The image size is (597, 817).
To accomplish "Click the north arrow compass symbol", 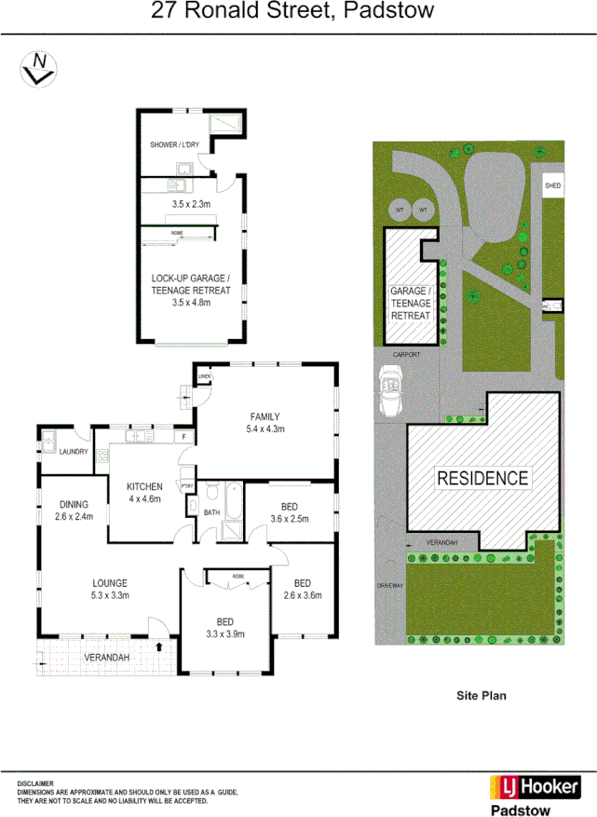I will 38,68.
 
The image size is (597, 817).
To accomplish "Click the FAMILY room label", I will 265,416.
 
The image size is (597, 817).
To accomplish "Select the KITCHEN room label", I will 144,486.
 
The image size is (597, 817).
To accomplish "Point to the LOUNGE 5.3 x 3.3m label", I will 109,589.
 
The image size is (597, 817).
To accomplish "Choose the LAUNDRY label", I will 73,452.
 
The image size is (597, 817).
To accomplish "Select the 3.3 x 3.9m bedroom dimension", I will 224,634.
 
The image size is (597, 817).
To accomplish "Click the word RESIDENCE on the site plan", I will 482,479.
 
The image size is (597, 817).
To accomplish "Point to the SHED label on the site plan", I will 552,186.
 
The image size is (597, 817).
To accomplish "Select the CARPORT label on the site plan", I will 406,355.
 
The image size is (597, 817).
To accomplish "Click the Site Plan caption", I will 481,695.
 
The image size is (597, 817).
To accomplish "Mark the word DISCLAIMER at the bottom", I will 35,783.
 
